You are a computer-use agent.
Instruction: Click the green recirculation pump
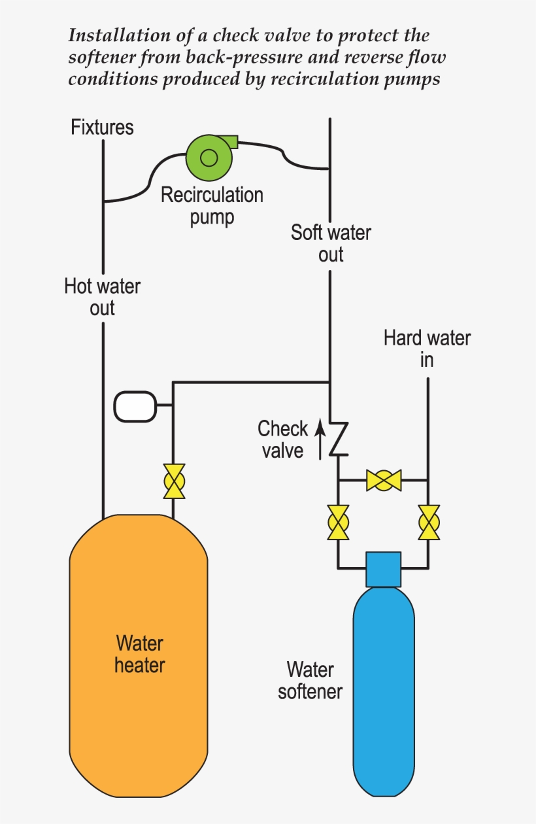tap(209, 157)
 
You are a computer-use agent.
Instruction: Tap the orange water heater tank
tap(139, 654)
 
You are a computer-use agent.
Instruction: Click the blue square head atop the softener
tap(383, 569)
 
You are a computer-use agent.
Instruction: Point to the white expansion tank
tap(135, 406)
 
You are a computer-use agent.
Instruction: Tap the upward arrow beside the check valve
tap(320, 439)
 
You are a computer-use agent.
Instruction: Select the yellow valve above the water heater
tap(174, 482)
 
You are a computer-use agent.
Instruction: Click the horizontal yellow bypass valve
tap(383, 480)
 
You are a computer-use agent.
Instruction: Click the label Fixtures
tap(102, 127)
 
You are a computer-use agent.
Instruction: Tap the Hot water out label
tap(102, 297)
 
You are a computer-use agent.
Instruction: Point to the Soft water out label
tap(331, 243)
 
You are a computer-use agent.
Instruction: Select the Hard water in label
tap(427, 349)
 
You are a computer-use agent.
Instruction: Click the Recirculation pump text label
tap(212, 205)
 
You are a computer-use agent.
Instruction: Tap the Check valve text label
tap(282, 439)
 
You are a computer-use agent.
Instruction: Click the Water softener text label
tap(310, 680)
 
